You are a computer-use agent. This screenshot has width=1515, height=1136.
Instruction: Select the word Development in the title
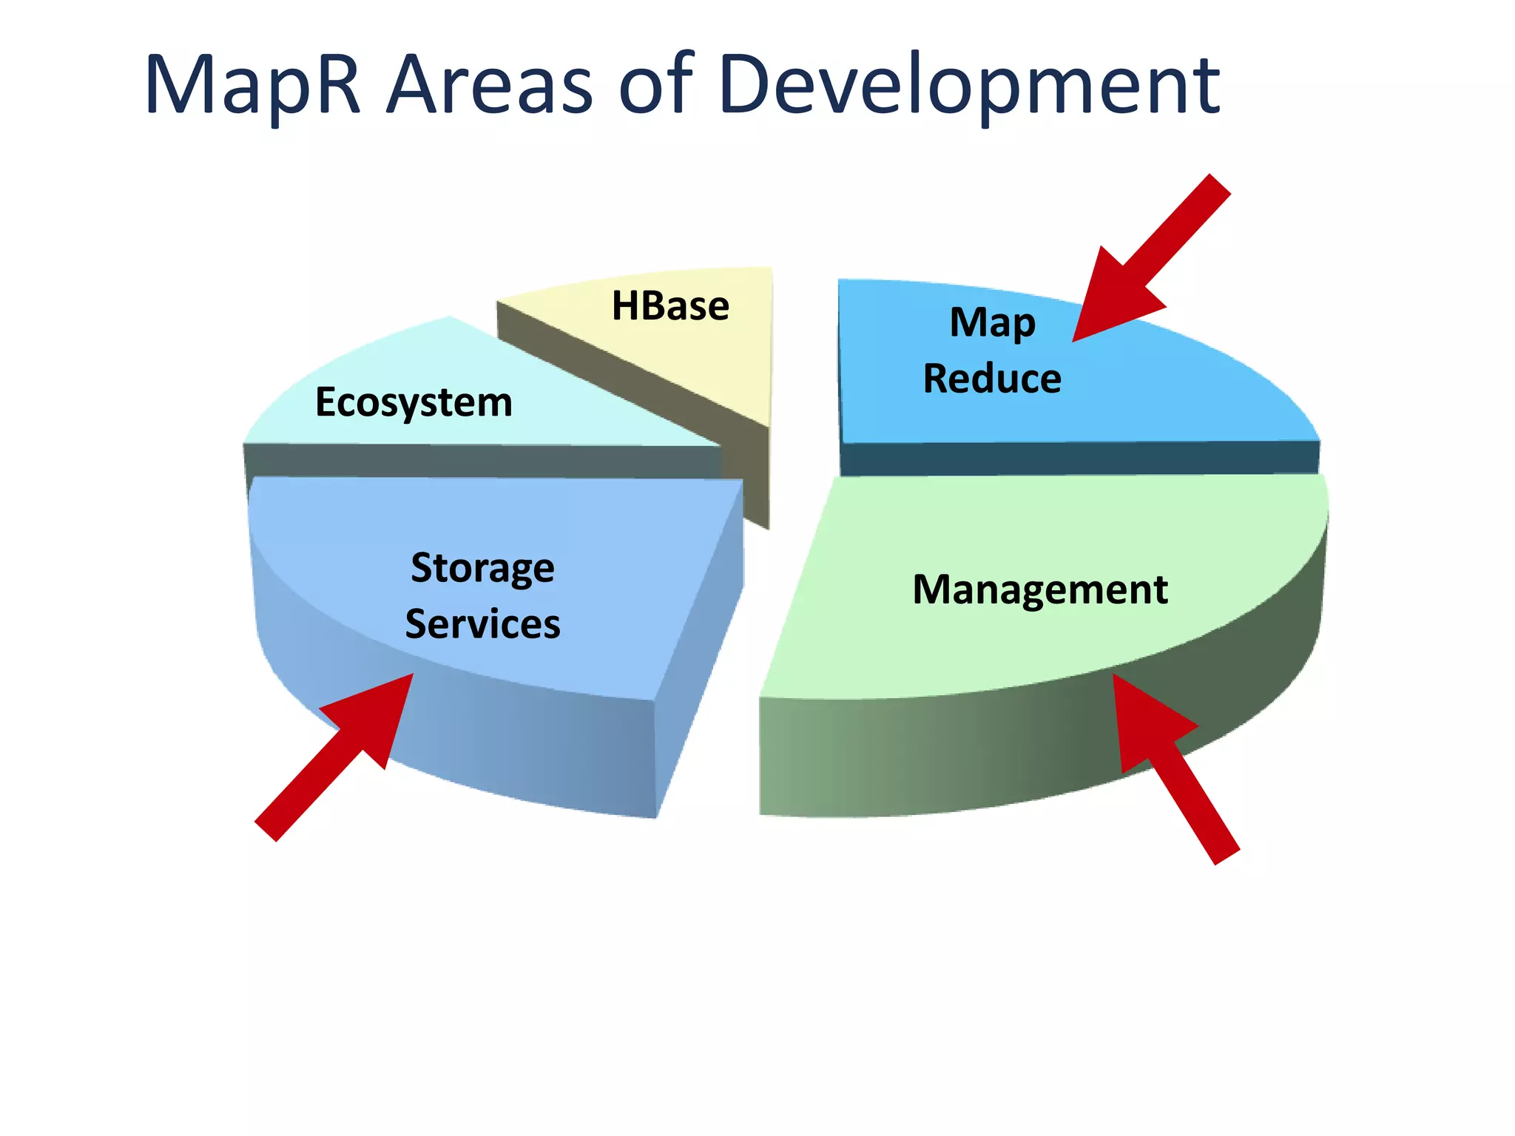tap(969, 85)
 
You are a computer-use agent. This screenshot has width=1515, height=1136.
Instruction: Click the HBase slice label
tap(670, 305)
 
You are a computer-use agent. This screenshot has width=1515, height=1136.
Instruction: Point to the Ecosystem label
tap(414, 403)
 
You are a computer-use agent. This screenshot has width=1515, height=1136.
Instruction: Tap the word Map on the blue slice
tap(992, 323)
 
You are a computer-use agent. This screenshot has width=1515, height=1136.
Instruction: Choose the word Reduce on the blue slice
tap(992, 379)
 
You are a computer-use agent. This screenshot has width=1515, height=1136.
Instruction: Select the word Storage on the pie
tap(482, 569)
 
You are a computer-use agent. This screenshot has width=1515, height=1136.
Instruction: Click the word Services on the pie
tap(482, 624)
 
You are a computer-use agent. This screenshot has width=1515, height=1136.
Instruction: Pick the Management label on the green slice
tap(1040, 590)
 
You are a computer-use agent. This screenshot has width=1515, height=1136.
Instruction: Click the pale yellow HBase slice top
tap(710, 355)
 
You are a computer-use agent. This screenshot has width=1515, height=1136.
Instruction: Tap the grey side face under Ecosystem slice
tap(481, 461)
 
